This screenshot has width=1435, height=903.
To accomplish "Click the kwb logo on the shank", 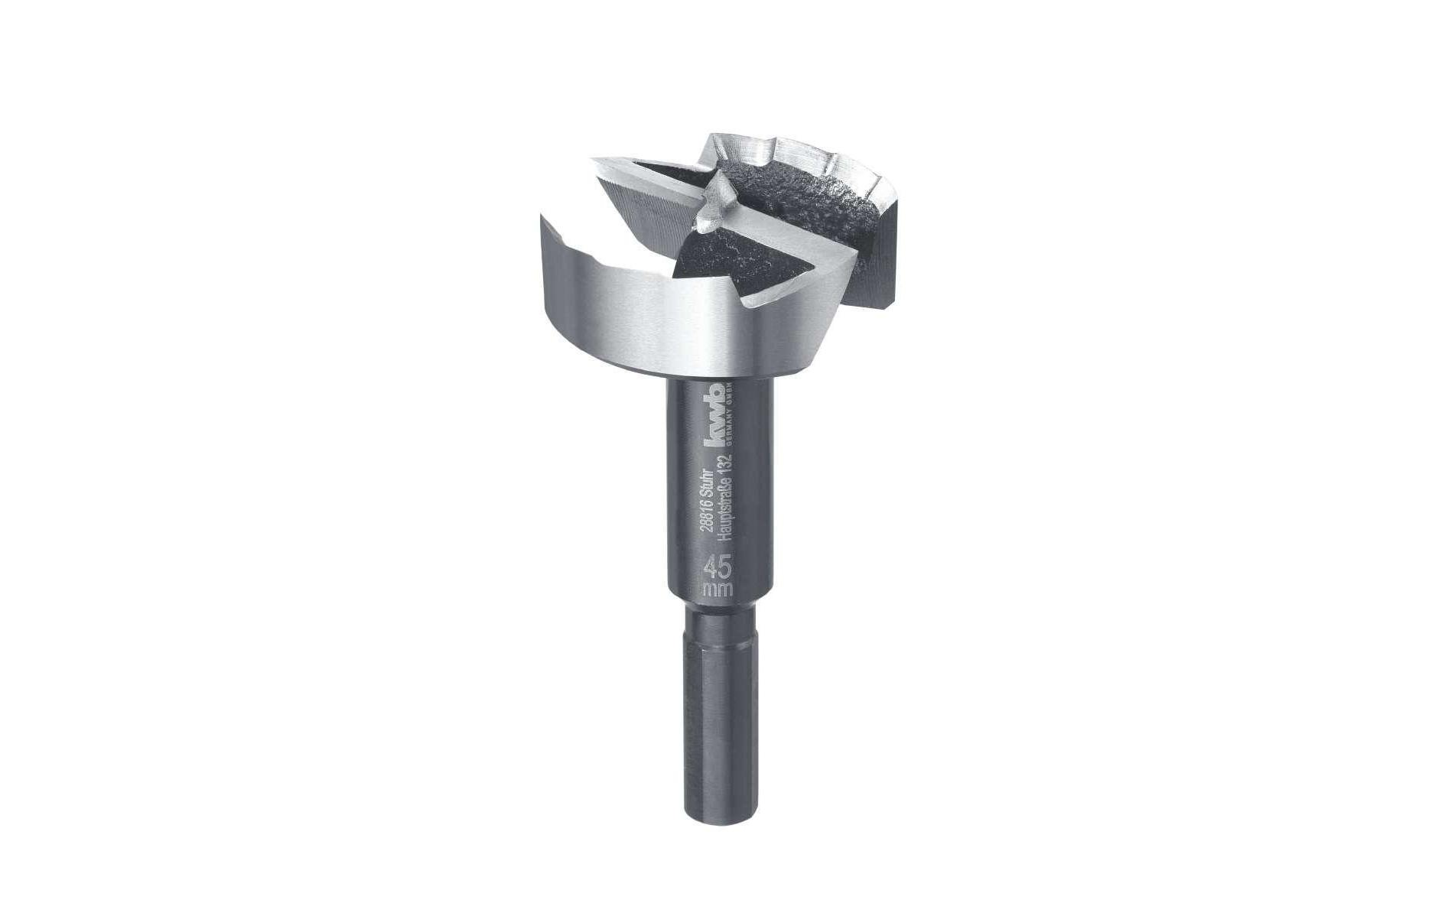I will coord(717,414).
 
